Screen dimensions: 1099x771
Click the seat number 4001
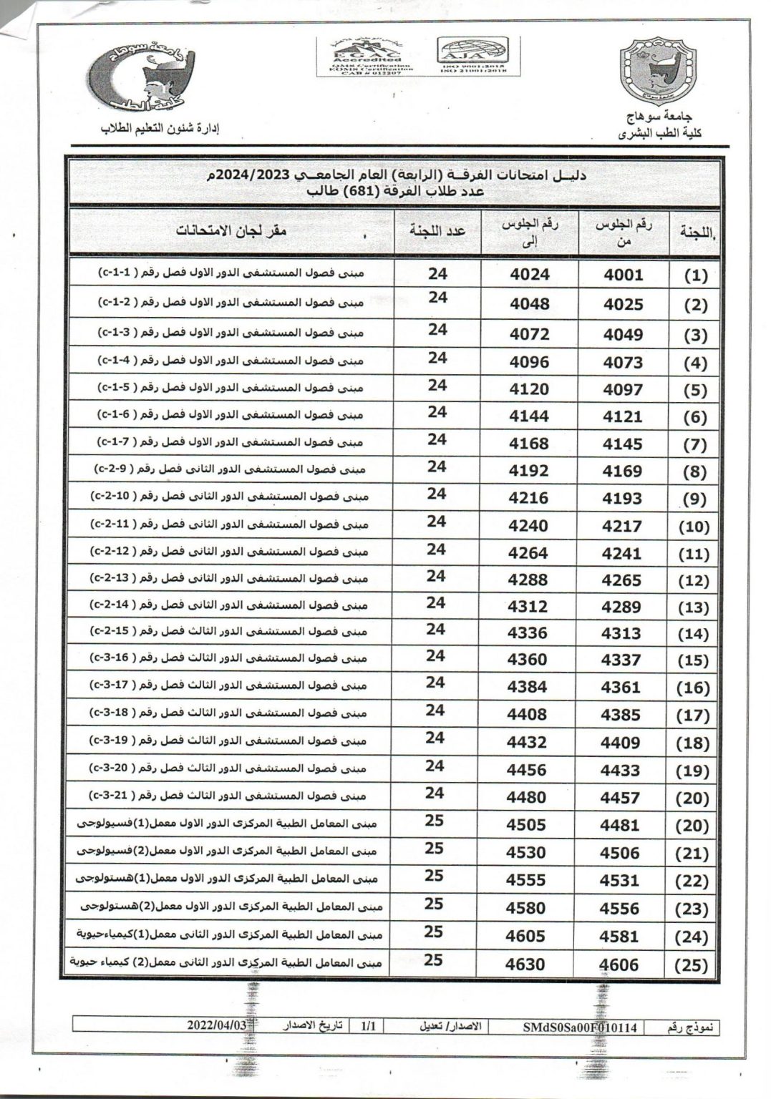pos(623,275)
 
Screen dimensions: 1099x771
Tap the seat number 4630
pos(525,964)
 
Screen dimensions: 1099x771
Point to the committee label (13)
pos(692,607)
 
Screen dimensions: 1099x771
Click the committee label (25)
pos(692,965)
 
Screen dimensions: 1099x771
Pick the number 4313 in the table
pos(621,633)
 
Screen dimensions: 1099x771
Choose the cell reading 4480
pos(526,797)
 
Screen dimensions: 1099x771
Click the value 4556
pos(619,909)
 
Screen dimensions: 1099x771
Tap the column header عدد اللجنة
pos(437,230)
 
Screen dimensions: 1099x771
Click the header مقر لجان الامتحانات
pos(233,232)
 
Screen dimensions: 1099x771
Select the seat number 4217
pos(621,526)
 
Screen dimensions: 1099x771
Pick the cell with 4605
pos(526,936)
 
